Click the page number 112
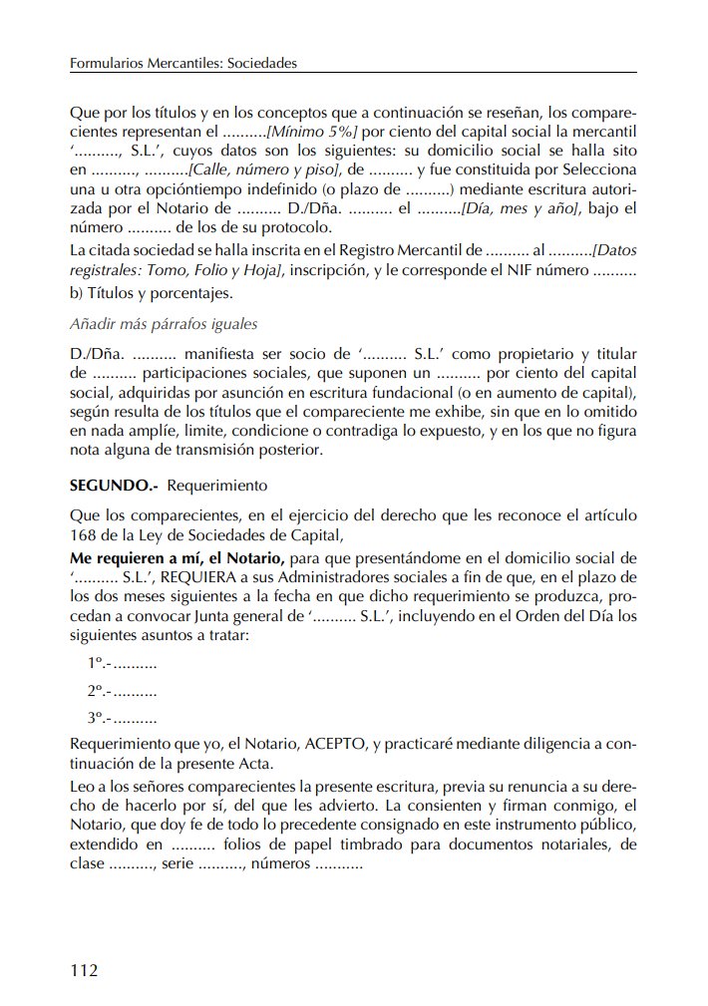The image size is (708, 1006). [x=85, y=970]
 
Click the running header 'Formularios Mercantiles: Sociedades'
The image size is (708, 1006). [x=184, y=63]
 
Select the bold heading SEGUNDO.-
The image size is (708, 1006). [x=115, y=487]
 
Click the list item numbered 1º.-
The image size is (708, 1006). [x=123, y=664]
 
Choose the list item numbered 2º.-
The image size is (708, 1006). [x=123, y=691]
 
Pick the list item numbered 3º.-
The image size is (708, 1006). [x=123, y=718]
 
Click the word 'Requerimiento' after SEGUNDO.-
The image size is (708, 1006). [x=218, y=487]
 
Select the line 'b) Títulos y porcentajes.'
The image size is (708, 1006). [x=151, y=293]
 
